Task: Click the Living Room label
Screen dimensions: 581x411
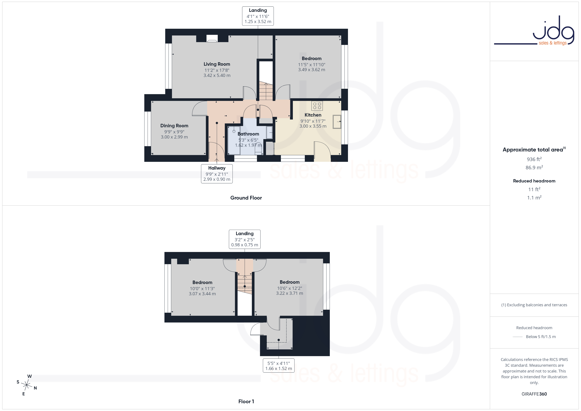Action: (x=217, y=64)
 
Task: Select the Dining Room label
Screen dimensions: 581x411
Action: (x=174, y=126)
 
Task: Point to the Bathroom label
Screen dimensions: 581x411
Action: (x=248, y=134)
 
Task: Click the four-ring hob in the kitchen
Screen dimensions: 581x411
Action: (x=317, y=106)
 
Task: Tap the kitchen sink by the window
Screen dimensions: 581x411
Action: (x=337, y=122)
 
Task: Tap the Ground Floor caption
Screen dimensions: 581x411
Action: (x=246, y=198)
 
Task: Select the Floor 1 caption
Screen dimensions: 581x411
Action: (x=246, y=401)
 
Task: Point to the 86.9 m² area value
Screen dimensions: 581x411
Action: (x=534, y=167)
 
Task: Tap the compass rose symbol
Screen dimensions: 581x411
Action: (x=27, y=385)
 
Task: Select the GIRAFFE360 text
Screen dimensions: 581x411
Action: (x=534, y=394)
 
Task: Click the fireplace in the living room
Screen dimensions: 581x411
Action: (x=212, y=39)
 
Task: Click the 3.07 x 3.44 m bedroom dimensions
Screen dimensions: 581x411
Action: (x=202, y=294)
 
